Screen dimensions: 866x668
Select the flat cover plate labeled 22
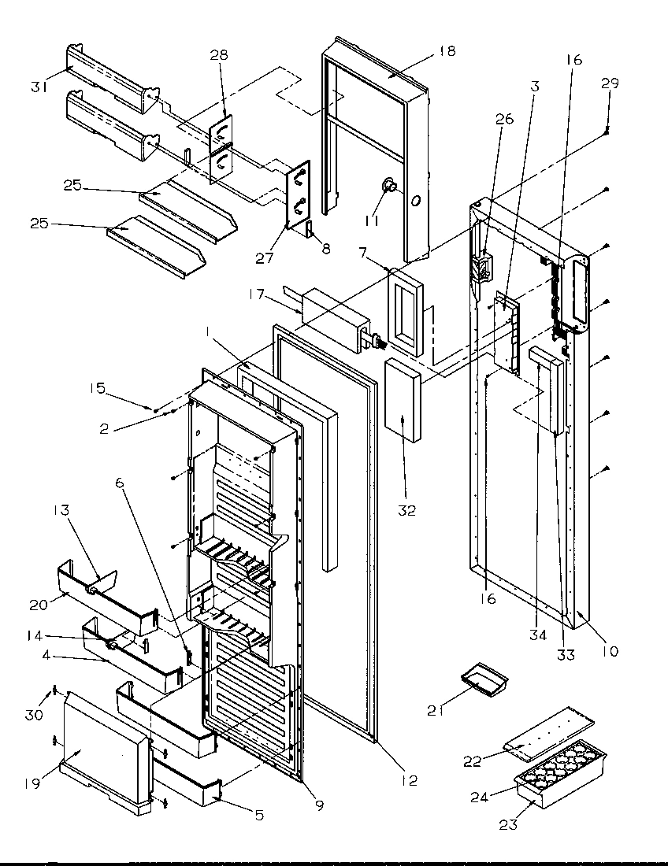click(x=549, y=731)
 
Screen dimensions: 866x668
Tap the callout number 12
click(x=408, y=780)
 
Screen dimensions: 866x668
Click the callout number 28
click(x=218, y=54)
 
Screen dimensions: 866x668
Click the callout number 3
click(x=535, y=86)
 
